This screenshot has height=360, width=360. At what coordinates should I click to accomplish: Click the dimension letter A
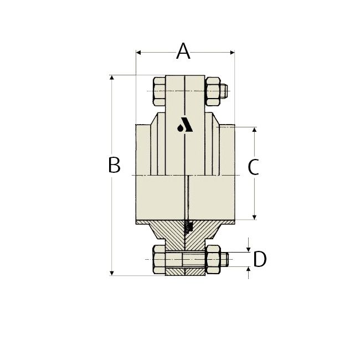[183, 52]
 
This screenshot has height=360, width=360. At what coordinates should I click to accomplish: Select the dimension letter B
[115, 165]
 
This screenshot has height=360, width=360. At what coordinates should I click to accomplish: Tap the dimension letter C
[253, 167]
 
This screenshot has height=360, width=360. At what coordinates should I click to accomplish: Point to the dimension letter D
[260, 259]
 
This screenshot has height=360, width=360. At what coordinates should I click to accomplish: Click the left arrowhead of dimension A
[139, 53]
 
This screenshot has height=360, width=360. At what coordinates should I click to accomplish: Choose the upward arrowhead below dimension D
[248, 270]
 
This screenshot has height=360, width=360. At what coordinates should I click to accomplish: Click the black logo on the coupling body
[185, 126]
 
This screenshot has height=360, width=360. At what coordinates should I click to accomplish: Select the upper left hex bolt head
[160, 91]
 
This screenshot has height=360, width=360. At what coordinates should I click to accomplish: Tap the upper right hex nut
[212, 91]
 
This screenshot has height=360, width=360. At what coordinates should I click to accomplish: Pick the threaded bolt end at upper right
[223, 91]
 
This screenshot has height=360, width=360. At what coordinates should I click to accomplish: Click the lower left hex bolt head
[160, 259]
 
